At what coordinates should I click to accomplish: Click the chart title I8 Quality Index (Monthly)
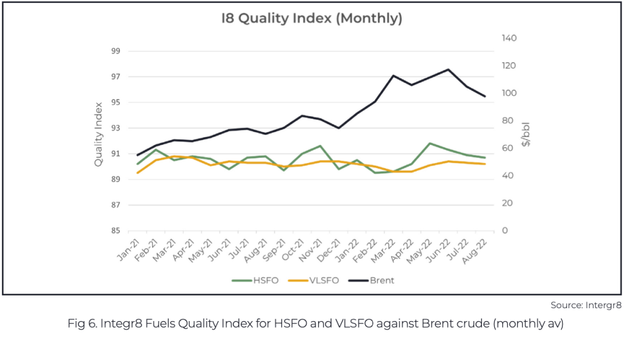(x=311, y=18)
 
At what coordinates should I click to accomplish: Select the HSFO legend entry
(x=255, y=280)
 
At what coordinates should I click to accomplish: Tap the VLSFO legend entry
(x=313, y=280)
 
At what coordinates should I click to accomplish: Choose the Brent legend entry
(x=371, y=280)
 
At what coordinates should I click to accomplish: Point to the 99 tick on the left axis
(x=115, y=51)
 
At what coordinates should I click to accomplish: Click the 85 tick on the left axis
(x=115, y=231)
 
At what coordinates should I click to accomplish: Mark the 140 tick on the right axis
(x=509, y=38)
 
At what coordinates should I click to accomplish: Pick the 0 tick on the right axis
(x=505, y=231)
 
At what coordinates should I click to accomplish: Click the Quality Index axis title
(x=98, y=135)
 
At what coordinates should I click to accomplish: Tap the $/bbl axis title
(x=526, y=135)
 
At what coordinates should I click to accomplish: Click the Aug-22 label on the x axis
(x=475, y=251)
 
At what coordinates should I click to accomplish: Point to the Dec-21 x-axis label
(x=329, y=250)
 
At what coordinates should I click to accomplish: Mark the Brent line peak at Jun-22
(x=448, y=69)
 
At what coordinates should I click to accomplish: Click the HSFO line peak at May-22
(x=430, y=143)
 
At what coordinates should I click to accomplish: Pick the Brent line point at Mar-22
(x=393, y=76)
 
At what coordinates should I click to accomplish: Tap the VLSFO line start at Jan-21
(x=138, y=172)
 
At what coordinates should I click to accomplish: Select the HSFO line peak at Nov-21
(x=320, y=146)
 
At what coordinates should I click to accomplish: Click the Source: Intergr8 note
(x=586, y=306)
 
